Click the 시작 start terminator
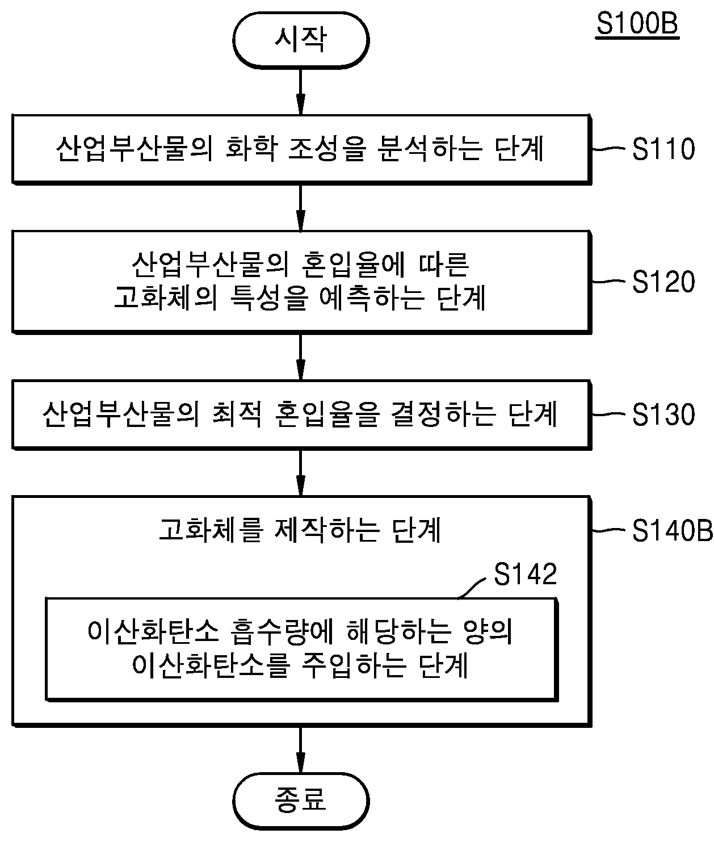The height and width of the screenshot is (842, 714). coord(301,40)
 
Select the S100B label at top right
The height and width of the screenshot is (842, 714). coord(637,24)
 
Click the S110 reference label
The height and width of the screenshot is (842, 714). coord(663,149)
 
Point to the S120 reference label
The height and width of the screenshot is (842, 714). coord(663,282)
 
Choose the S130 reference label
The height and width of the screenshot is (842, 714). coord(663,414)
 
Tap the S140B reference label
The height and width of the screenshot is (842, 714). coord(673,530)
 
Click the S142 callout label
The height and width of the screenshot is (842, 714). coord(526,575)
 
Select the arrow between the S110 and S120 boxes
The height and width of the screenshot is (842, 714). coord(301,208)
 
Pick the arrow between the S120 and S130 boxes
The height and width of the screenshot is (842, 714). coord(301,357)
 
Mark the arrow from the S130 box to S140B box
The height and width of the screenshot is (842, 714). coord(301,473)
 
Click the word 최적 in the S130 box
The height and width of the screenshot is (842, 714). coord(237,414)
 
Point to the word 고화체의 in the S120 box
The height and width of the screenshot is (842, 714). coord(165,298)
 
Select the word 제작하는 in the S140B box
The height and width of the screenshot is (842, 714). coord(327,530)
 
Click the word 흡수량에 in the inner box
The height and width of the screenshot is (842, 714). coord(282,632)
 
